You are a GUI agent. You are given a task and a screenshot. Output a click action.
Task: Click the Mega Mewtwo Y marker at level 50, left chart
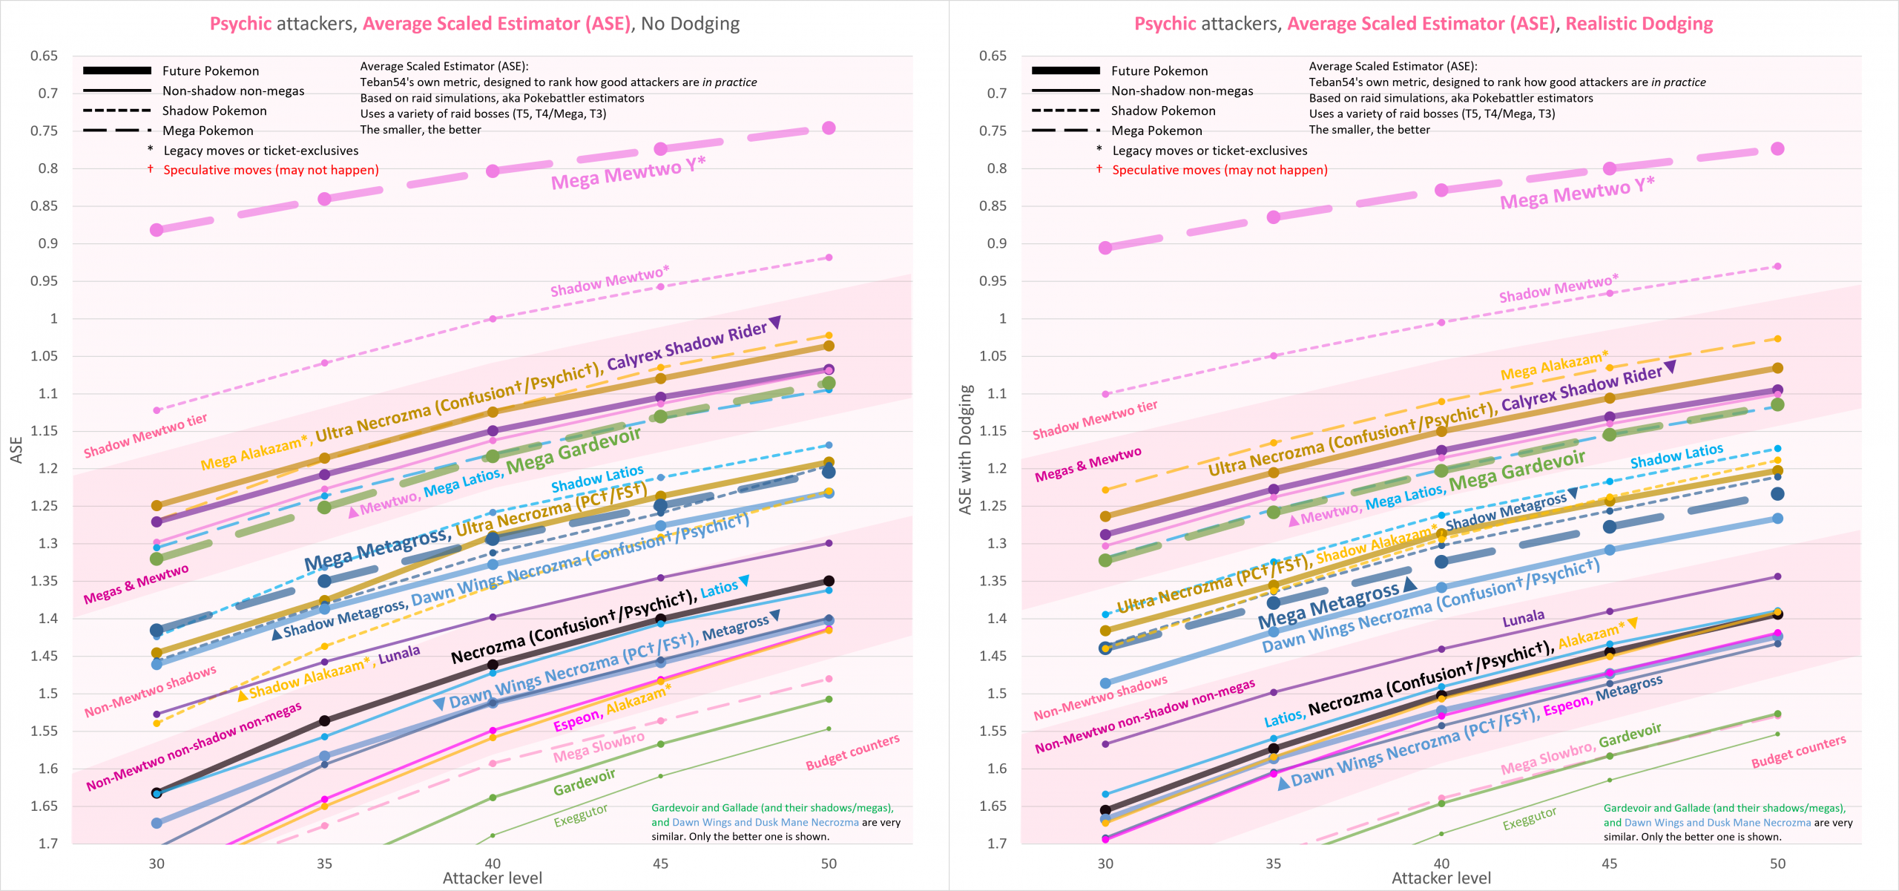point(829,128)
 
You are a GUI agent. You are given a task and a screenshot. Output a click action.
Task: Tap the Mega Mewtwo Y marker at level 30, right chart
point(1105,248)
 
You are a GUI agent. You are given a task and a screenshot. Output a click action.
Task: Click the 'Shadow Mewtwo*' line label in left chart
point(609,280)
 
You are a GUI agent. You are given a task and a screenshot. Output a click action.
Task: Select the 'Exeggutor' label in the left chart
point(581,815)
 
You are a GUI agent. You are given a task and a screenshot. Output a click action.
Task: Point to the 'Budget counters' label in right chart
point(1798,752)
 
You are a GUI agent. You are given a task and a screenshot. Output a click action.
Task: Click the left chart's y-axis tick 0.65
point(45,56)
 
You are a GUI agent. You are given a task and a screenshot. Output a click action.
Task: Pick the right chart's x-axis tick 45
point(1609,864)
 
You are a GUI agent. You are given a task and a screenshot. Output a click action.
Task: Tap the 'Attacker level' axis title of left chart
point(493,878)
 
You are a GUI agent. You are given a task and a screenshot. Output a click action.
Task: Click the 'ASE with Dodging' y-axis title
point(965,450)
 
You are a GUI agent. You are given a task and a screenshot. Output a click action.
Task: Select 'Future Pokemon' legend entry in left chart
point(211,71)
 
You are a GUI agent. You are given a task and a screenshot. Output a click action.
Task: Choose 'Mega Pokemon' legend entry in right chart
point(1156,131)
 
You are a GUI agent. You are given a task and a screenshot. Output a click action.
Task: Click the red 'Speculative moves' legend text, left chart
point(271,170)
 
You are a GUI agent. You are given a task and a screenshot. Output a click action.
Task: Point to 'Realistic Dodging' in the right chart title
point(1639,24)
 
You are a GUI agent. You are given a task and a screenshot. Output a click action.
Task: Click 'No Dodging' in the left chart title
point(690,24)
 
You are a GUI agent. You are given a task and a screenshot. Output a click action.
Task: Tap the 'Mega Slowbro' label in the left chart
point(599,747)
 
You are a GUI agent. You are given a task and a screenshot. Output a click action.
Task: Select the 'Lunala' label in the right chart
point(1523,618)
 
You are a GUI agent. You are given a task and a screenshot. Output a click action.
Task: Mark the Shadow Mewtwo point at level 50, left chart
point(829,257)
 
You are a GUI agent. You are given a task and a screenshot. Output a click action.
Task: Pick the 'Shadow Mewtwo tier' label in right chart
point(1094,419)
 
